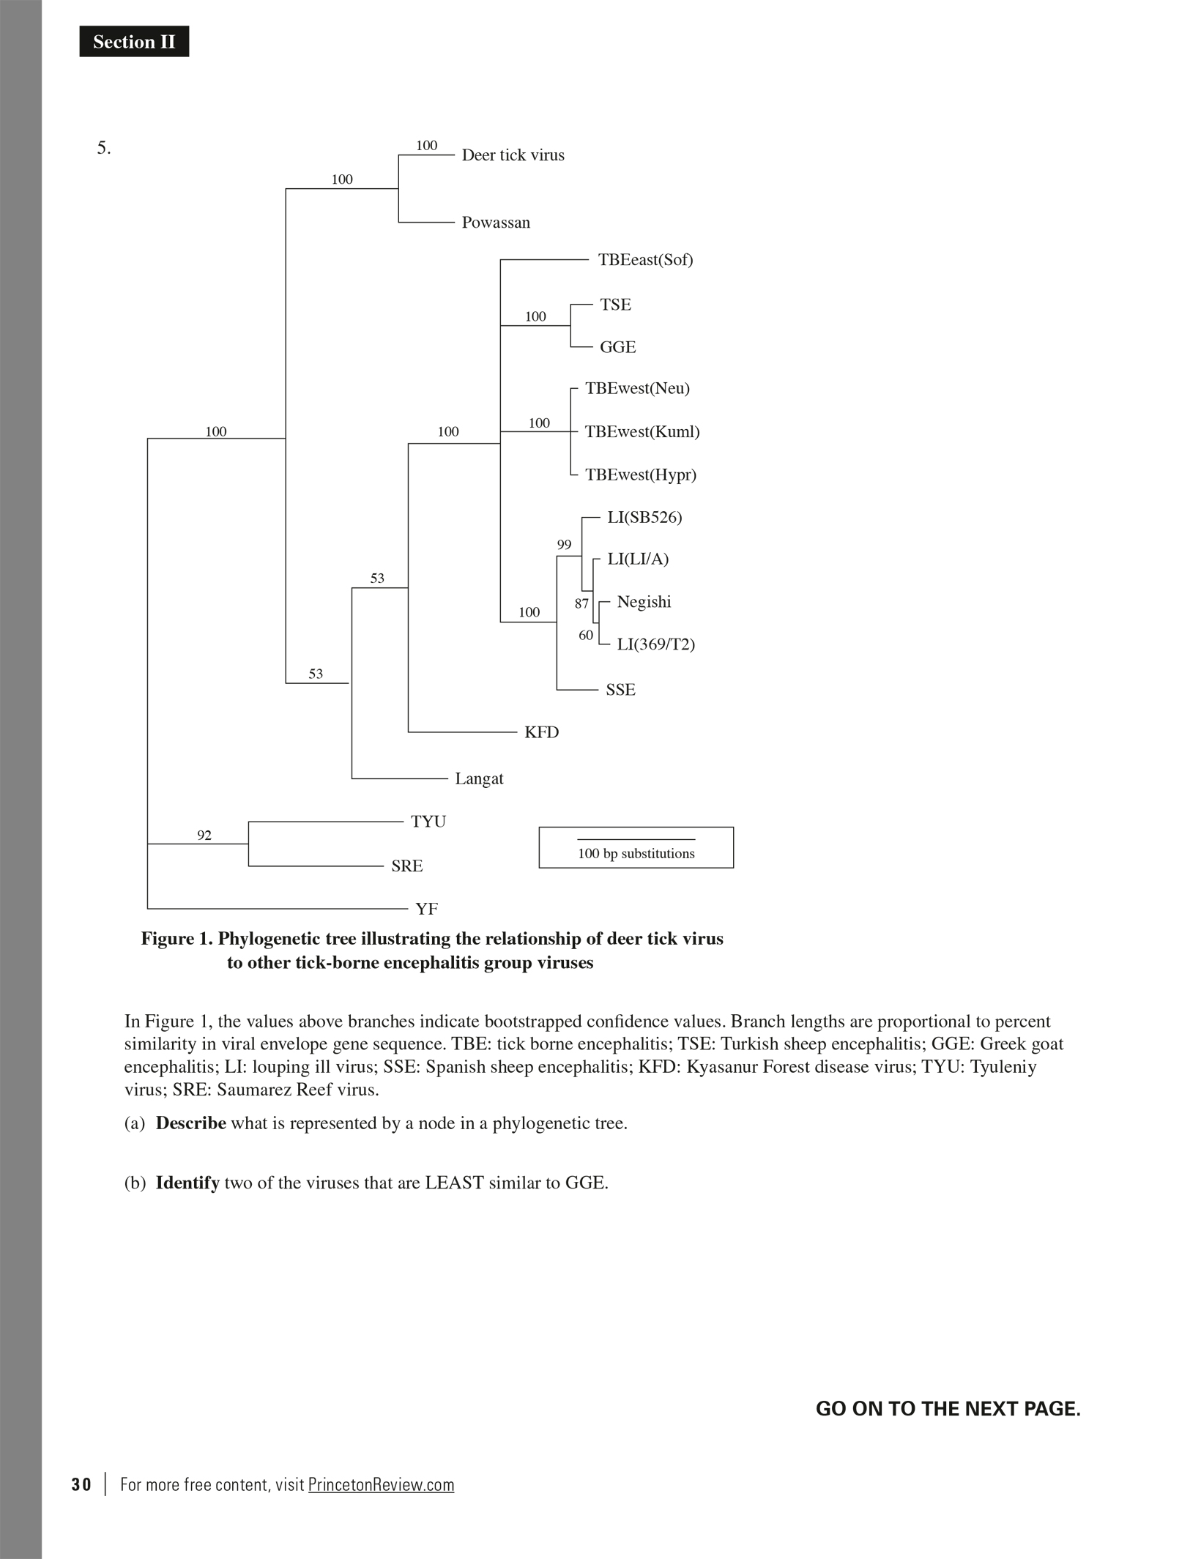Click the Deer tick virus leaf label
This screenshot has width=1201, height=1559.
pos(513,155)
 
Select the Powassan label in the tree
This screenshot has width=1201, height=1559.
pos(496,223)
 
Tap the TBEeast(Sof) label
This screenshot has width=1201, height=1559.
pos(645,260)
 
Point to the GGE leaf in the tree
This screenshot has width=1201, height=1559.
pos(617,347)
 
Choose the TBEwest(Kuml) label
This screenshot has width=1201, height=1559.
pos(642,432)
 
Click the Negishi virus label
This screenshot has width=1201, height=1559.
pos(644,602)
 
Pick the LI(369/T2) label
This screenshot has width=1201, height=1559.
pos(655,644)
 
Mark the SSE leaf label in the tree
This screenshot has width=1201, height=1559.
pos(620,690)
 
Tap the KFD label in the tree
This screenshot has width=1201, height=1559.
pos(541,732)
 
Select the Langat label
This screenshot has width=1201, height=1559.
pos(479,778)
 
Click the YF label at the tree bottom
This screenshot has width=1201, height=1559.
pos(426,909)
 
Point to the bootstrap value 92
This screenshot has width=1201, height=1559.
pos(204,836)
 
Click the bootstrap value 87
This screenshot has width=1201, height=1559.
pos(581,604)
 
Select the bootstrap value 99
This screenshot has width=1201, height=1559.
pos(564,545)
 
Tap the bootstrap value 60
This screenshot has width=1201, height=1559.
pos(586,636)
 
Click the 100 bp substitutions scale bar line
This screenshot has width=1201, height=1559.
pos(636,839)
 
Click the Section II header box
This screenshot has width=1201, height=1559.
pos(134,42)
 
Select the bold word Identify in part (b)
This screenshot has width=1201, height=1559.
pos(187,1183)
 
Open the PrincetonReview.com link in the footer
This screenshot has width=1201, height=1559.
pos(381,1484)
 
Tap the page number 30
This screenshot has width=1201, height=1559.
pos(81,1484)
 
